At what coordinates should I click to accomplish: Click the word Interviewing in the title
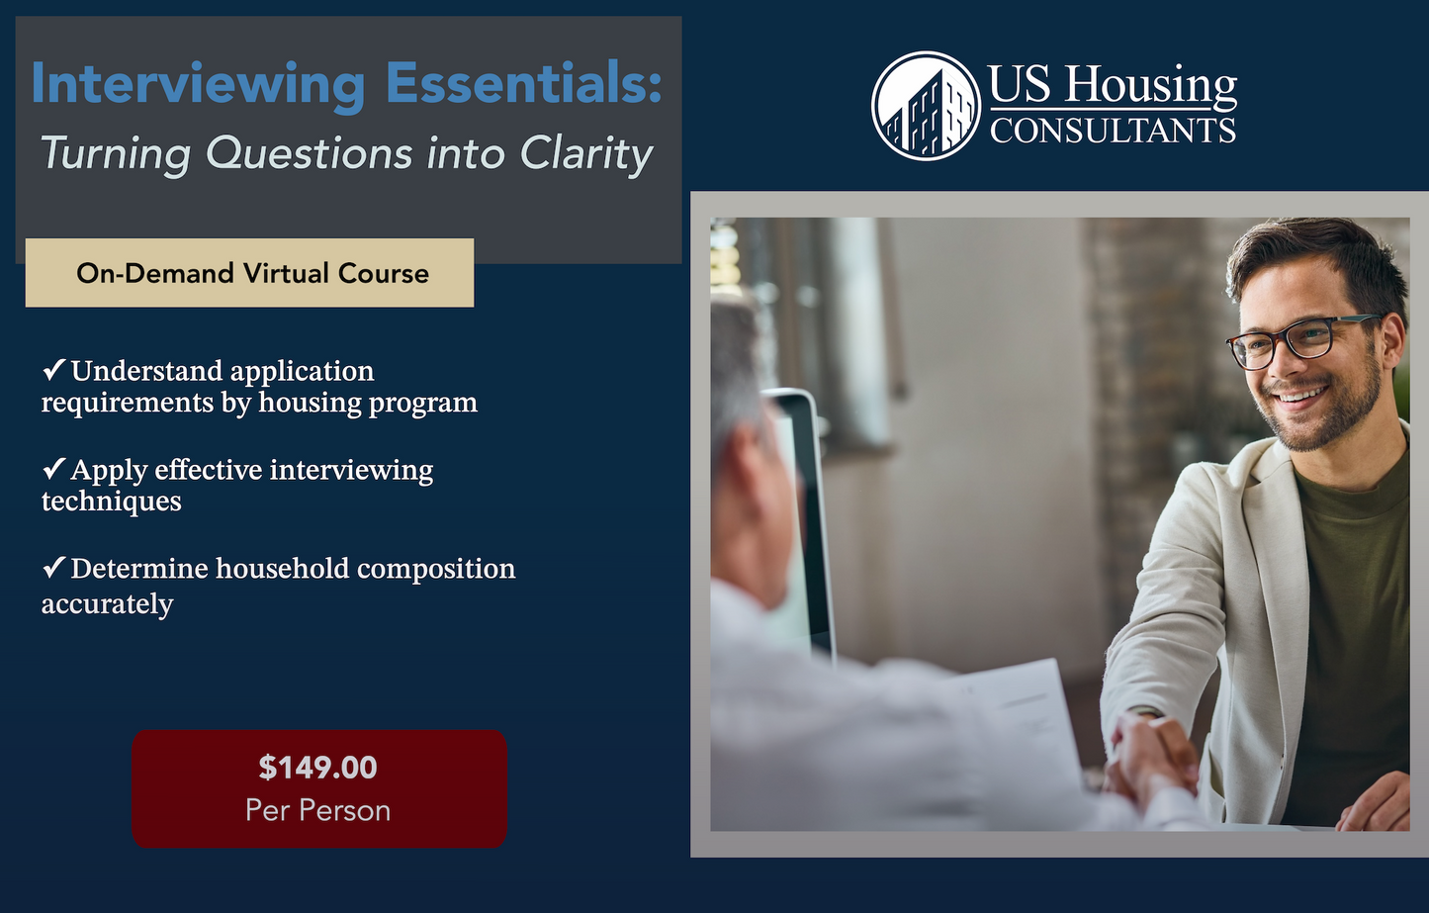pos(198,85)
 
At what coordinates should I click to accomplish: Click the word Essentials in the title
pos(522,83)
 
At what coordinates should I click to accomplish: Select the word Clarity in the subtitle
pos(586,154)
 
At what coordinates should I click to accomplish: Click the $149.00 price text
pos(317,768)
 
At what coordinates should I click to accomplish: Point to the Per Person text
pos(317,811)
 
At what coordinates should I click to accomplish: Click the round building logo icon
pos(926,107)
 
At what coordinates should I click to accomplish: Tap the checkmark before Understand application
pos(53,371)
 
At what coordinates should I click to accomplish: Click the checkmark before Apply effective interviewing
pos(53,469)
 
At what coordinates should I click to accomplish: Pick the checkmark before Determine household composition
pos(53,568)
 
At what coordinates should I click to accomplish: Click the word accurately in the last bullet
pos(107,604)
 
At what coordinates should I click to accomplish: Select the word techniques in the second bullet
pos(111,502)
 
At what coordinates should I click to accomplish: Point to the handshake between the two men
pos(1151,756)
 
